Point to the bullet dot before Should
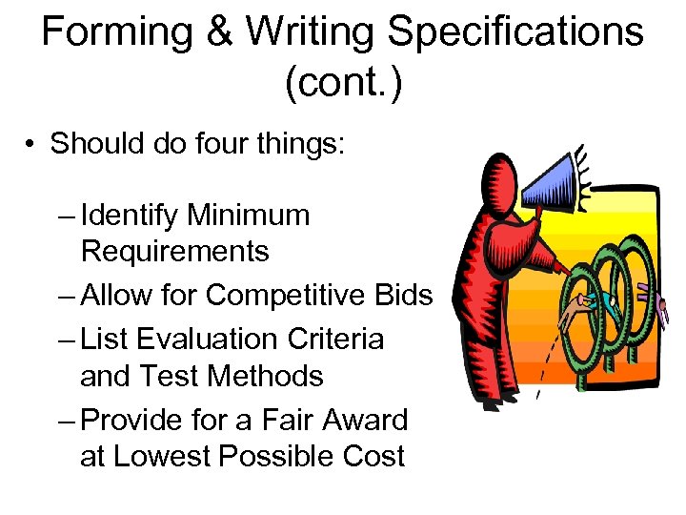pos(31,144)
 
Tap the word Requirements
pos(175,252)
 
